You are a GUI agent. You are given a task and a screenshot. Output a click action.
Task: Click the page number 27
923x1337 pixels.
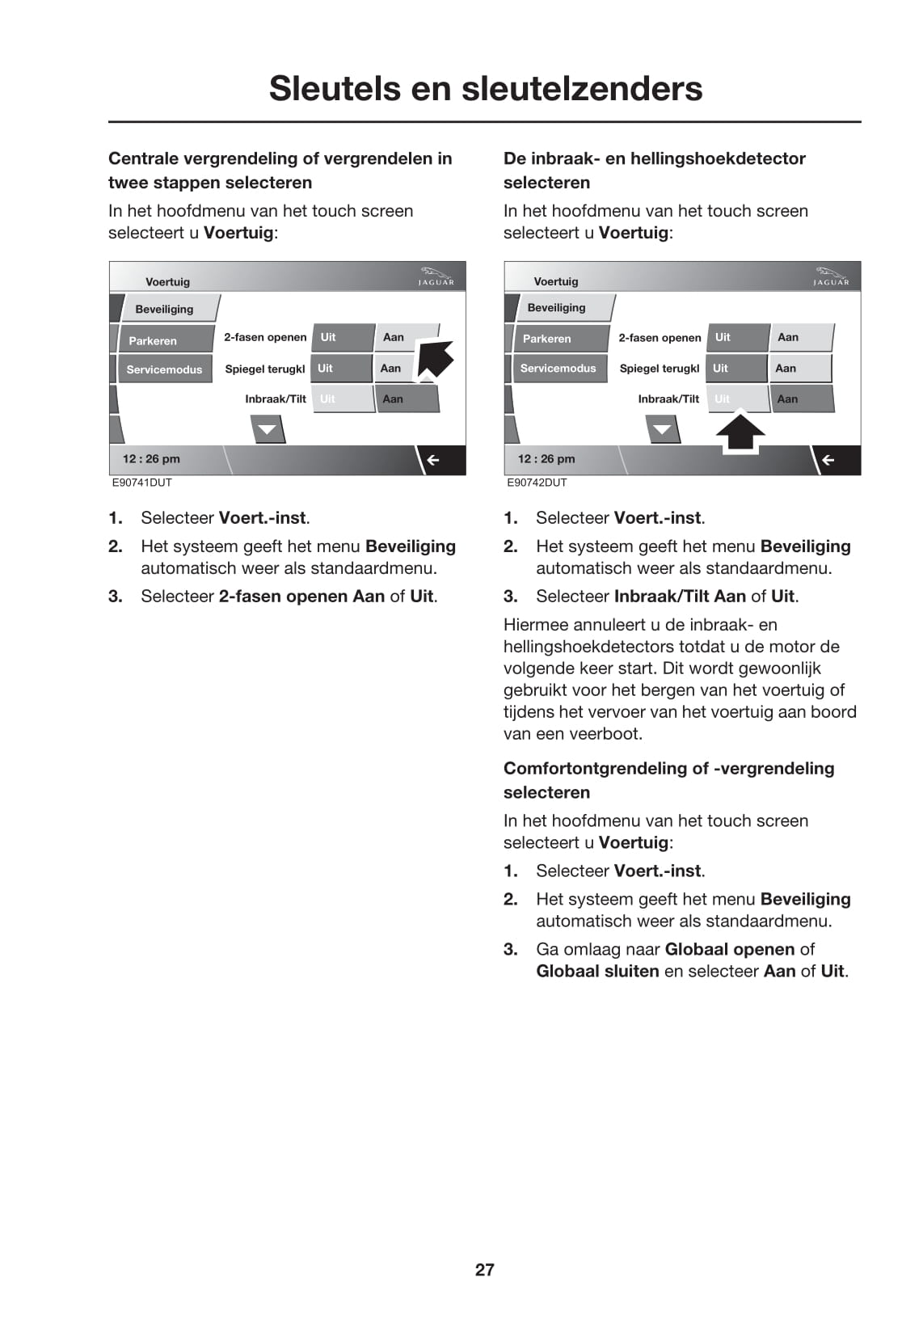tap(484, 1269)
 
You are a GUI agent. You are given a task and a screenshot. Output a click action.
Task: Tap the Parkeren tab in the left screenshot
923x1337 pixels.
tap(154, 340)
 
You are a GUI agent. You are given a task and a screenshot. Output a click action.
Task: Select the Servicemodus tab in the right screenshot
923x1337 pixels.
tap(558, 368)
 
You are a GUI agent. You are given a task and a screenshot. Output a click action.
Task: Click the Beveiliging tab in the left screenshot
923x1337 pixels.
tap(165, 309)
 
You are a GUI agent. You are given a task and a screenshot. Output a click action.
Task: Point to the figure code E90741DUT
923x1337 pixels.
tap(142, 483)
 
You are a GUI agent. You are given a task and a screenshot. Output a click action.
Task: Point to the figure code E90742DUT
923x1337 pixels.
tap(537, 483)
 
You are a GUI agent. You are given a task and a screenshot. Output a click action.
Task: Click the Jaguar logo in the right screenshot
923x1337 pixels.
tap(831, 276)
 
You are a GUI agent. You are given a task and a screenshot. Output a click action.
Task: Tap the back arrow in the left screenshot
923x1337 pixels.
tap(433, 460)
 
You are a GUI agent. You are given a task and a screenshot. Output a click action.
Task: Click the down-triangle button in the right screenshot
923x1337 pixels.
tap(662, 429)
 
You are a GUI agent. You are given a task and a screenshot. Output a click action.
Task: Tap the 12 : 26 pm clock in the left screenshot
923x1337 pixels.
tap(151, 459)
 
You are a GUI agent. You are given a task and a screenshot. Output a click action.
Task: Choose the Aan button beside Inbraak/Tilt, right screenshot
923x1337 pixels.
tap(787, 399)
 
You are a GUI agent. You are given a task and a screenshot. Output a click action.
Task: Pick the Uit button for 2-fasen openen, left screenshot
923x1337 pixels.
tap(328, 337)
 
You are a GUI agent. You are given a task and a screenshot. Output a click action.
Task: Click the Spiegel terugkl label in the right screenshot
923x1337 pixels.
tap(660, 368)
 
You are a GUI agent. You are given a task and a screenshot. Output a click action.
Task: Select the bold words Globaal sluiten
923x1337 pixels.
tap(597, 971)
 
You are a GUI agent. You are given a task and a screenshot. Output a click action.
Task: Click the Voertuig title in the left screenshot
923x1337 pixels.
tap(167, 282)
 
